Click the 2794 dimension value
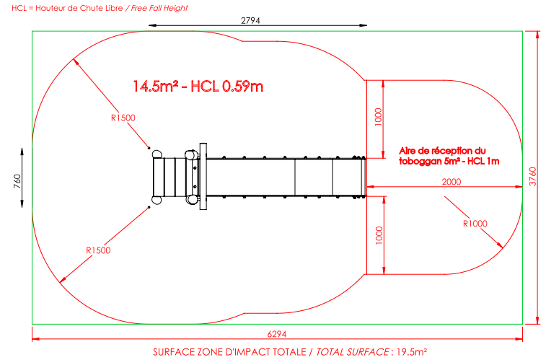click(x=250, y=20)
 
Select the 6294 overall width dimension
click(x=277, y=334)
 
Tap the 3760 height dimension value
click(x=533, y=177)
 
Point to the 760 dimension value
click(x=17, y=181)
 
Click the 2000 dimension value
click(x=452, y=182)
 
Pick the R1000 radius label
click(x=475, y=224)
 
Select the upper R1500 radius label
click(x=123, y=118)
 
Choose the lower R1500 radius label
click(x=98, y=250)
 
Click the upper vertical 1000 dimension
click(x=378, y=117)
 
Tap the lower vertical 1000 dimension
click(x=379, y=235)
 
